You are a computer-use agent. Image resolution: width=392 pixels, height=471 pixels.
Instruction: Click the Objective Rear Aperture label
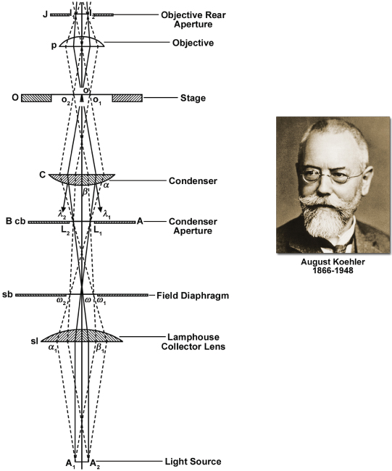[193, 20]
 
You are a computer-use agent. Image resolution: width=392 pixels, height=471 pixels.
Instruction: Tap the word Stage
[193, 99]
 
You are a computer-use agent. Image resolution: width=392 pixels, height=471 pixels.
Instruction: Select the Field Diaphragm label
[193, 296]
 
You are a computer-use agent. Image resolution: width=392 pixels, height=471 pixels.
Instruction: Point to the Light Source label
[193, 462]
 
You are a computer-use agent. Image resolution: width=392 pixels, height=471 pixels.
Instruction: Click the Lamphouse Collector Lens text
[193, 341]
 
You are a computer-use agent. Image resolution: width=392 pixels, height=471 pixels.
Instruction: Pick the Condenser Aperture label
[193, 226]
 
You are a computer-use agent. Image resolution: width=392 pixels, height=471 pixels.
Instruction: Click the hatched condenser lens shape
[82, 179]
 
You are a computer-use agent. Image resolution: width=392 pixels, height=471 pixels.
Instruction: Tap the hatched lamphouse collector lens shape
[82, 335]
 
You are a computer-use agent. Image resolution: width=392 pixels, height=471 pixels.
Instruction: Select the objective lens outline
[82, 42]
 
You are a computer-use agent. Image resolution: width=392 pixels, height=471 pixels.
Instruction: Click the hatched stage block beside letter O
[36, 99]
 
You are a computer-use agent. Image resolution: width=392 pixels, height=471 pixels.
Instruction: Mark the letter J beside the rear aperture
[45, 14]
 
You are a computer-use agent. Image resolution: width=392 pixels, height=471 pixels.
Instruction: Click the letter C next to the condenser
[43, 175]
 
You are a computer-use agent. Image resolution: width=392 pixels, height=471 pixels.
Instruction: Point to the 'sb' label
[7, 294]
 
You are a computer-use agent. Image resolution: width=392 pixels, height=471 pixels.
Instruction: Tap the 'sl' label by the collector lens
[34, 341]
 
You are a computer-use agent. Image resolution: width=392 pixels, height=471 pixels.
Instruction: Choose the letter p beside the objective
[54, 46]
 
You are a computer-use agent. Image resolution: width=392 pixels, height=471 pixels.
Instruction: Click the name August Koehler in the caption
[333, 262]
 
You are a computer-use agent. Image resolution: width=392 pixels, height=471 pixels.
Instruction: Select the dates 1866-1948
[333, 270]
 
